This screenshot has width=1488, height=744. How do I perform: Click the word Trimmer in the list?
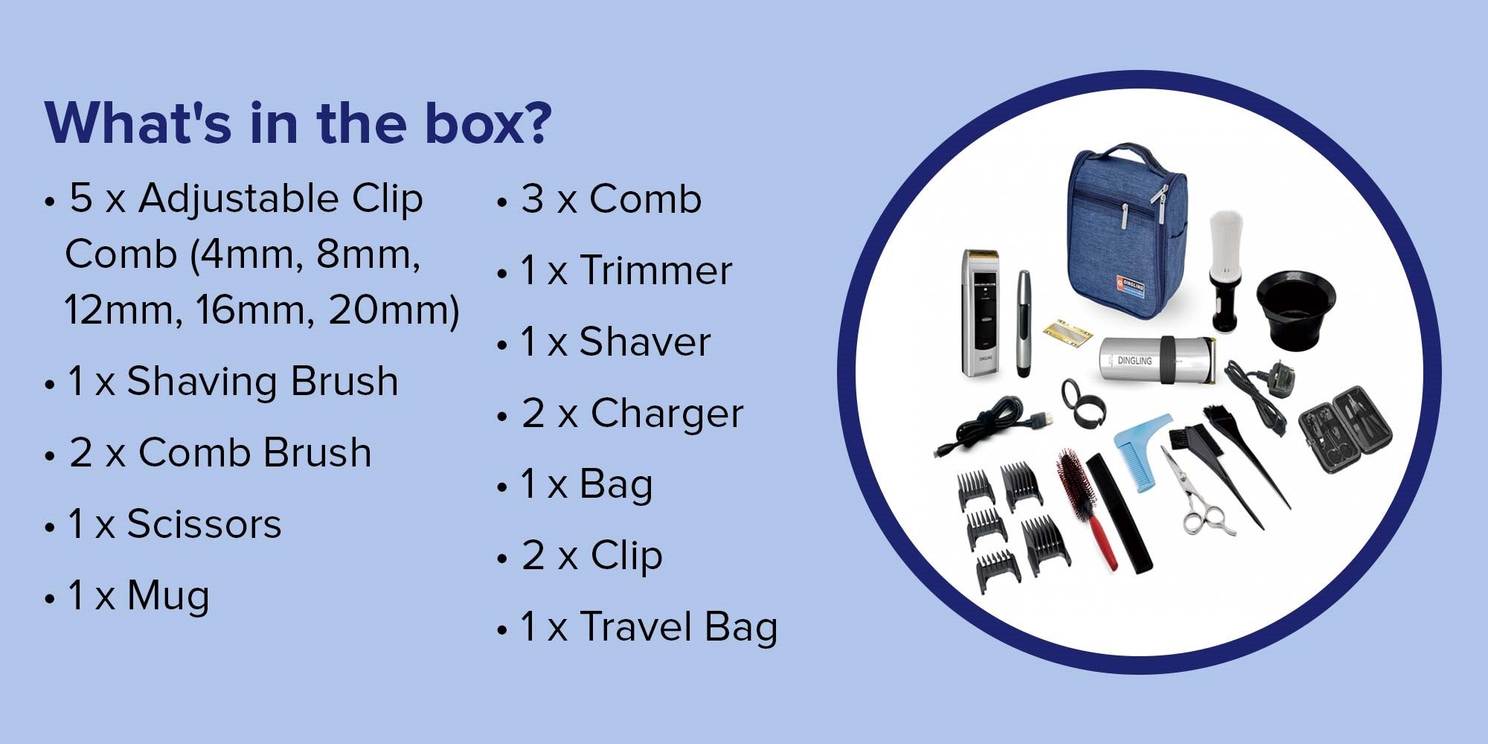[655, 270]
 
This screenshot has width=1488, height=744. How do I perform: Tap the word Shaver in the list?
[644, 341]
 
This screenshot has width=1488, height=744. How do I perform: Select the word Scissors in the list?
[204, 524]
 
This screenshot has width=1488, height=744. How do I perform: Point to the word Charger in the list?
[667, 414]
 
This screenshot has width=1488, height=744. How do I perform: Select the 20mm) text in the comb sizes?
[394, 310]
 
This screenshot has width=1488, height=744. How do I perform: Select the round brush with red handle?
[1085, 506]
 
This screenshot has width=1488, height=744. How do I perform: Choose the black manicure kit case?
[1345, 429]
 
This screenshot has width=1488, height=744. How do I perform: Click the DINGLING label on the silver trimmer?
[1134, 360]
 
